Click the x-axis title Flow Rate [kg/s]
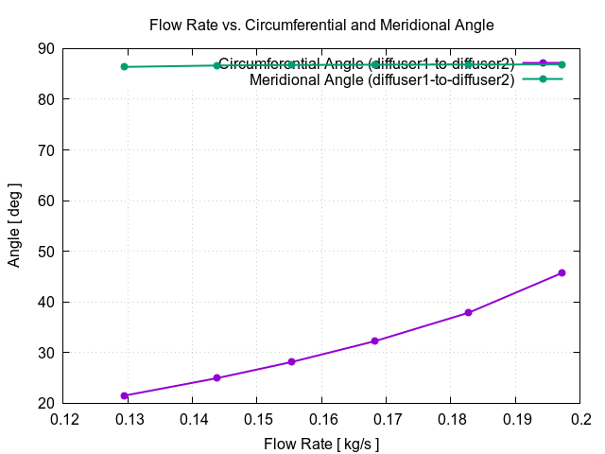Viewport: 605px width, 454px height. coord(321,442)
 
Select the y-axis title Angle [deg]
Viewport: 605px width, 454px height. coord(14,226)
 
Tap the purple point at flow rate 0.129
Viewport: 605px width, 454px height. coord(124,395)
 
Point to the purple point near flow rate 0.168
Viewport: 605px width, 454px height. coord(374,340)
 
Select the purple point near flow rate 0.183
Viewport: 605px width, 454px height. coord(468,313)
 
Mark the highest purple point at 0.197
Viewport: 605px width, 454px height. coord(562,272)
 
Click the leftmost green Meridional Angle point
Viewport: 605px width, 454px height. coord(124,66)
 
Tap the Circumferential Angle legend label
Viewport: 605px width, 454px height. coord(366,64)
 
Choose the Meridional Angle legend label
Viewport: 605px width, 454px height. coord(382,80)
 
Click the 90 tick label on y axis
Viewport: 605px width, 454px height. coord(45,48)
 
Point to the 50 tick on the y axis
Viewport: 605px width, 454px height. coord(45,251)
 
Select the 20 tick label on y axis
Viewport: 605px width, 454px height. coord(45,403)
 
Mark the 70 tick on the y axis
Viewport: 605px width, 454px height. coord(45,149)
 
